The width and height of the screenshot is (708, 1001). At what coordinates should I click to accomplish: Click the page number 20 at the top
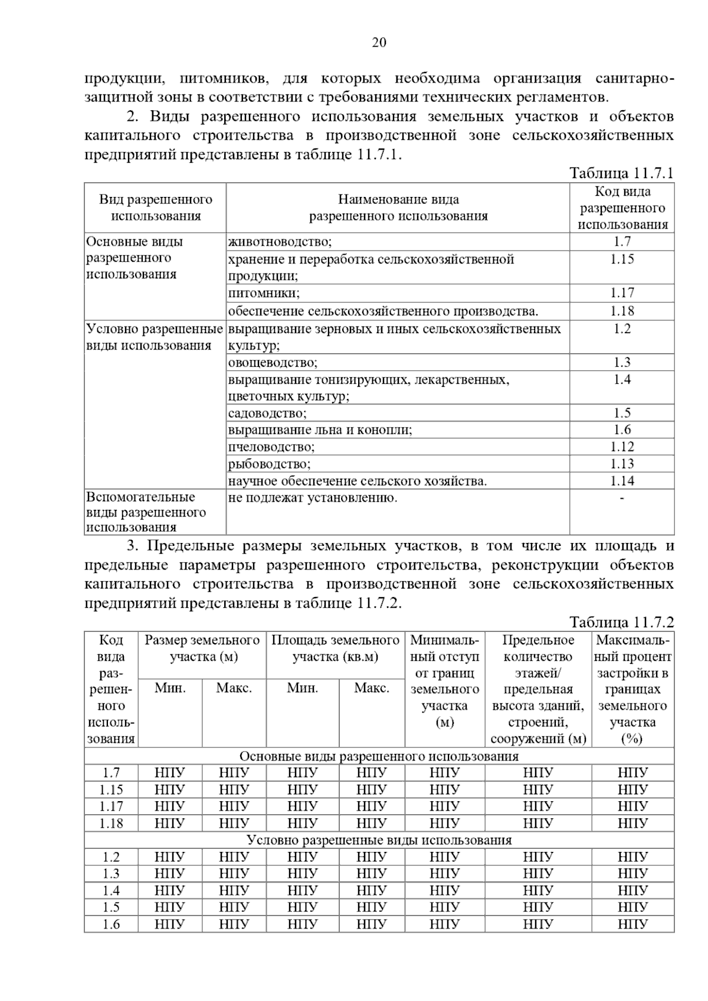[x=379, y=42]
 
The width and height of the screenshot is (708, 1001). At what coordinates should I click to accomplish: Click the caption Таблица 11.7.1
[x=621, y=173]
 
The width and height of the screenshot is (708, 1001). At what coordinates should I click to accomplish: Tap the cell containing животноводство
[x=280, y=242]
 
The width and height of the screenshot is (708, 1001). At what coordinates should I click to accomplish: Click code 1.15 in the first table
[x=622, y=259]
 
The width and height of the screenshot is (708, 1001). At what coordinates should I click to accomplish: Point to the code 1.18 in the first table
[x=622, y=311]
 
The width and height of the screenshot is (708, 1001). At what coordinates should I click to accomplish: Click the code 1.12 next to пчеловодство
[x=622, y=447]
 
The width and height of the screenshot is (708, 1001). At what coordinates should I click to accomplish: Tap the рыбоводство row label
[x=270, y=464]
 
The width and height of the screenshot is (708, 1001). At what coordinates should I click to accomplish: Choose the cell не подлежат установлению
[x=313, y=498]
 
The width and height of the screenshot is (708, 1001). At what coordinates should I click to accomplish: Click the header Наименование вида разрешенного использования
[x=398, y=208]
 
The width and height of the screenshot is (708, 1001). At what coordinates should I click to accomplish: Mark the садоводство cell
[x=267, y=413]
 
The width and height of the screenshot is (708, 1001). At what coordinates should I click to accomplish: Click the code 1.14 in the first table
[x=622, y=481]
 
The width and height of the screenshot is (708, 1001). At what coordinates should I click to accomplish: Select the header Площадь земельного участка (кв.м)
[x=335, y=648]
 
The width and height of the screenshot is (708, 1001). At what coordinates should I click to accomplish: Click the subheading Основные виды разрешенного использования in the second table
[x=379, y=756]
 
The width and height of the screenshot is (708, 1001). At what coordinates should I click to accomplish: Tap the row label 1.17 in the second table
[x=111, y=806]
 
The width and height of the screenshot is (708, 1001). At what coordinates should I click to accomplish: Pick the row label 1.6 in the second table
[x=111, y=924]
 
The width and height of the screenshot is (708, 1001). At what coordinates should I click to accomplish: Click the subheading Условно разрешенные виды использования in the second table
[x=379, y=840]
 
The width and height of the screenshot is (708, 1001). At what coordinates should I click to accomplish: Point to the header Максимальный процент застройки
[x=632, y=689]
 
